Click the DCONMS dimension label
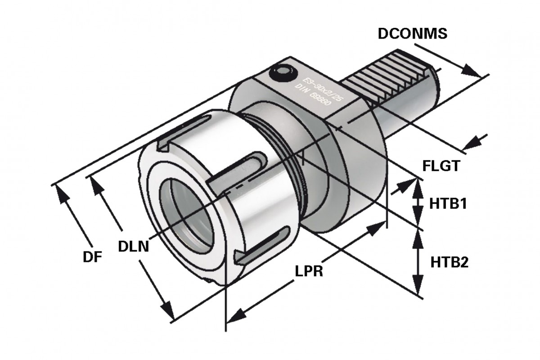tap(412, 34)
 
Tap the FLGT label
tap(441, 166)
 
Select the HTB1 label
tap(447, 204)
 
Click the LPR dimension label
tap(309, 272)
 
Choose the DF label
tap(92, 257)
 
